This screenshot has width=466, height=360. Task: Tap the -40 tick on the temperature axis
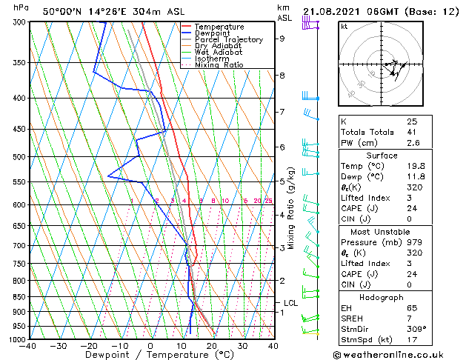tap(29, 346)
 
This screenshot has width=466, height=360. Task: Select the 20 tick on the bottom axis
tap(212, 346)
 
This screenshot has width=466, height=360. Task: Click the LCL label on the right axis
tap(291, 303)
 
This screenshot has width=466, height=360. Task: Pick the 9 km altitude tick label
tap(282, 39)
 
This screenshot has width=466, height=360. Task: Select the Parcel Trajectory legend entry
tap(227, 40)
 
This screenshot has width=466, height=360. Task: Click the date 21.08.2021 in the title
tap(332, 11)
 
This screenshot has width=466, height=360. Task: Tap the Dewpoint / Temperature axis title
tap(151, 356)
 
